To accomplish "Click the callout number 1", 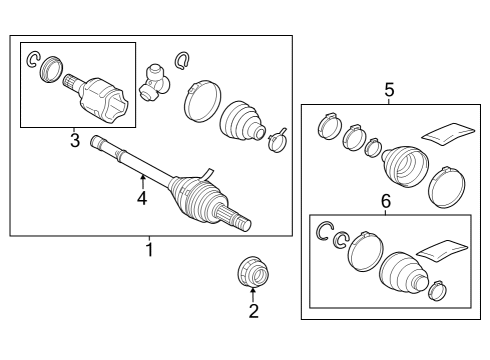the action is (x=150, y=250).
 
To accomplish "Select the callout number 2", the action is (x=254, y=311).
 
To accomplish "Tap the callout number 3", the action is (x=75, y=140).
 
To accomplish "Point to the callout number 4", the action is (x=142, y=198).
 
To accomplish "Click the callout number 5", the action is (x=389, y=90).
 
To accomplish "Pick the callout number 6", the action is (x=385, y=201).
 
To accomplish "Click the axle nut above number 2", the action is (x=253, y=272).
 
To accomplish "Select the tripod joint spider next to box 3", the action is (x=154, y=83).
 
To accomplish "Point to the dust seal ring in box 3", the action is (x=51, y=69).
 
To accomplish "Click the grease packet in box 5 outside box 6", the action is (x=448, y=134).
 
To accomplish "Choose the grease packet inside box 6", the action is (x=443, y=251).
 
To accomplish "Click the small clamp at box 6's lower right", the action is (x=437, y=291).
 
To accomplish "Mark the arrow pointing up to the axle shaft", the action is (x=142, y=182).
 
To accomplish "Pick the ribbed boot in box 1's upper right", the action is (x=243, y=121).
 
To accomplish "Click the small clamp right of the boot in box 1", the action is (x=277, y=140).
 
